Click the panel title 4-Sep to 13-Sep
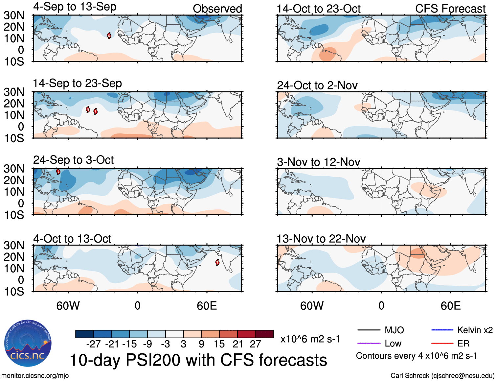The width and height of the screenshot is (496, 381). (75, 7)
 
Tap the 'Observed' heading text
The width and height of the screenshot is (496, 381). (217, 9)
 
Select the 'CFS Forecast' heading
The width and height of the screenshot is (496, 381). (450, 9)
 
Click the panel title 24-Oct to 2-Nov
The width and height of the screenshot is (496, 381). (317, 85)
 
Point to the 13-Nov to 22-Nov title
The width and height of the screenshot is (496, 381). (321, 239)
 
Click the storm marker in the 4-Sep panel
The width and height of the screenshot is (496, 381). (109, 36)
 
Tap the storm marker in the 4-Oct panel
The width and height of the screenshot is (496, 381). (217, 262)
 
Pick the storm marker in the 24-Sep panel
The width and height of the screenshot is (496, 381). (58, 171)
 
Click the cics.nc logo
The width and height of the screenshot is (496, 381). (28, 344)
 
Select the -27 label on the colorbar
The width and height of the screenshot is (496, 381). (93, 344)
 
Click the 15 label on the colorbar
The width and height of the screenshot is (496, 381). (219, 344)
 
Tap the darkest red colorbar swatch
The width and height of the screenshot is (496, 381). (264, 334)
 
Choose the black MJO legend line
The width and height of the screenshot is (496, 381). (369, 330)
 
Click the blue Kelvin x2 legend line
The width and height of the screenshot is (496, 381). (442, 330)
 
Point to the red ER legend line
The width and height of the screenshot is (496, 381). (442, 344)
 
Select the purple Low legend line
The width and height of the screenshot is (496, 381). (369, 344)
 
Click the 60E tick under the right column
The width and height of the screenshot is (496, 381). (450, 306)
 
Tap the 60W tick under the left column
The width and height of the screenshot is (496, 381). (68, 306)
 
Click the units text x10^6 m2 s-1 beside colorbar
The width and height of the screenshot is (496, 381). (310, 339)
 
